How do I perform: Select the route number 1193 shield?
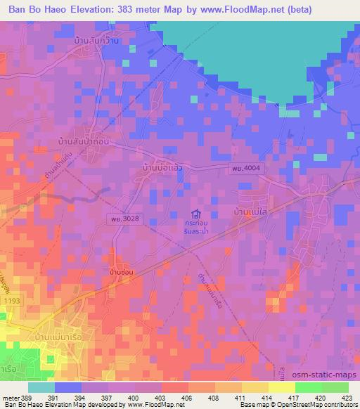(x=11, y=301)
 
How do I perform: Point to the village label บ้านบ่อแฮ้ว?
(x=163, y=170)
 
